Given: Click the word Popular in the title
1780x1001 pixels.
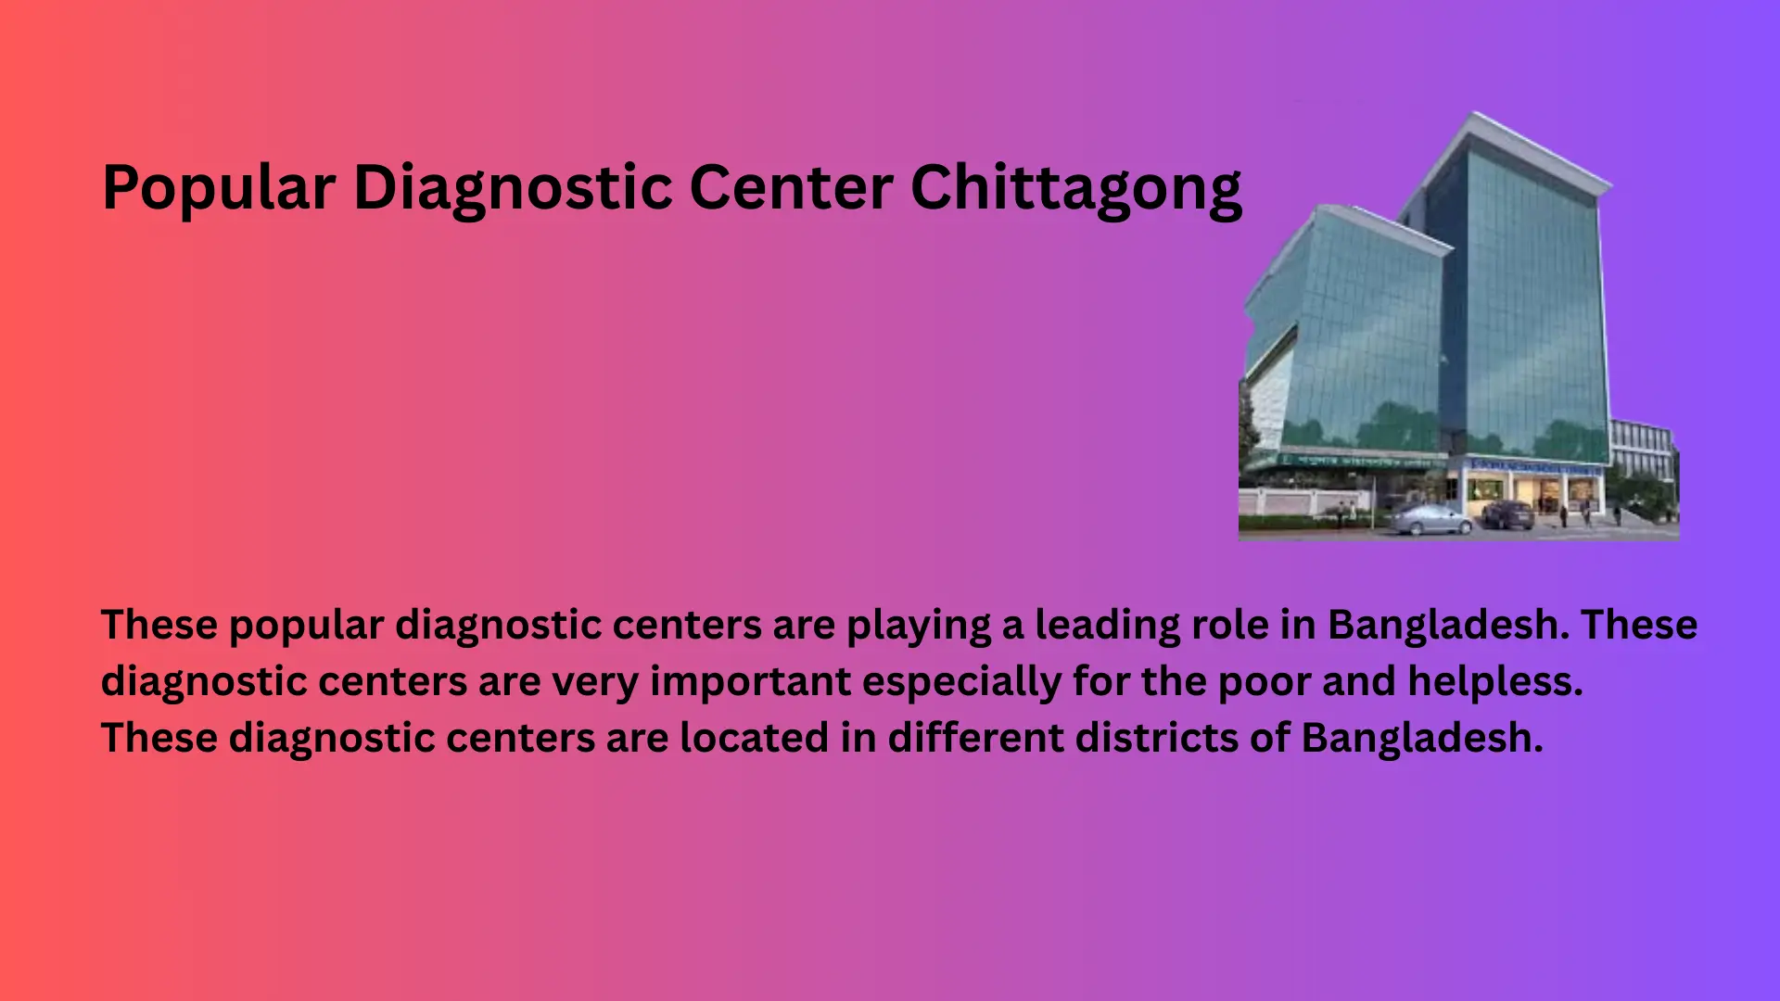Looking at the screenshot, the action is (x=219, y=189).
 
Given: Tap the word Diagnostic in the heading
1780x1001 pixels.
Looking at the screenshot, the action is (x=513, y=189).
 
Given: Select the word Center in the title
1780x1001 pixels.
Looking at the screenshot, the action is (x=791, y=187).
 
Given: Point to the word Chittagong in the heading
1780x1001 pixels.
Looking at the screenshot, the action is (x=1076, y=189).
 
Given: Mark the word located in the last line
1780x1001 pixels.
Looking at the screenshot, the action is (x=754, y=738).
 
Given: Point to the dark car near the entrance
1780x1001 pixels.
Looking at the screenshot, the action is (x=1508, y=514).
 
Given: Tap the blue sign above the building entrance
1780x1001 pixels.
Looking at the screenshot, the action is (x=1534, y=467).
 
